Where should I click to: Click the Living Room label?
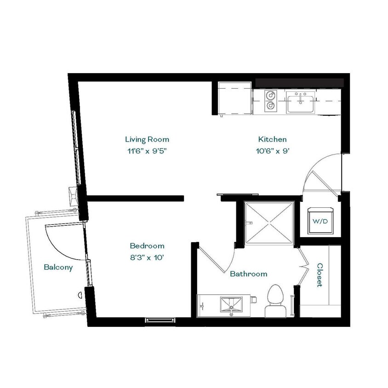147,139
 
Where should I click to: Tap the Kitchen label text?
272,139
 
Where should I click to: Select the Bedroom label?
147,246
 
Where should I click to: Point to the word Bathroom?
248,274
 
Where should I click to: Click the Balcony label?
58,267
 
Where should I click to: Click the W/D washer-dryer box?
320,221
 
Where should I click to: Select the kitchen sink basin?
301,102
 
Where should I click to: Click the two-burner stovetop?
270,102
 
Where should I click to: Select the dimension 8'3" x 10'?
147,258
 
